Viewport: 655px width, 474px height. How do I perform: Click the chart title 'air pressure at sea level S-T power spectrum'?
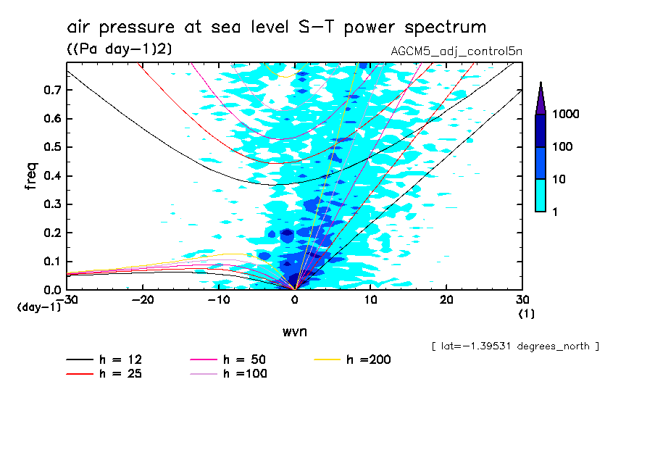(x=276, y=28)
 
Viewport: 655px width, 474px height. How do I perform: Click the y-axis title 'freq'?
(x=31, y=175)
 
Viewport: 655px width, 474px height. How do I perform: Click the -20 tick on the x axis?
(x=143, y=299)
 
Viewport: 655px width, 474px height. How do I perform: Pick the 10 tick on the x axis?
(x=370, y=299)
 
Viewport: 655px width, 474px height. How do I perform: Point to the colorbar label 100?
(x=562, y=146)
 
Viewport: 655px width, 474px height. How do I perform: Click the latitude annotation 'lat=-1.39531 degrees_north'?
(x=514, y=346)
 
